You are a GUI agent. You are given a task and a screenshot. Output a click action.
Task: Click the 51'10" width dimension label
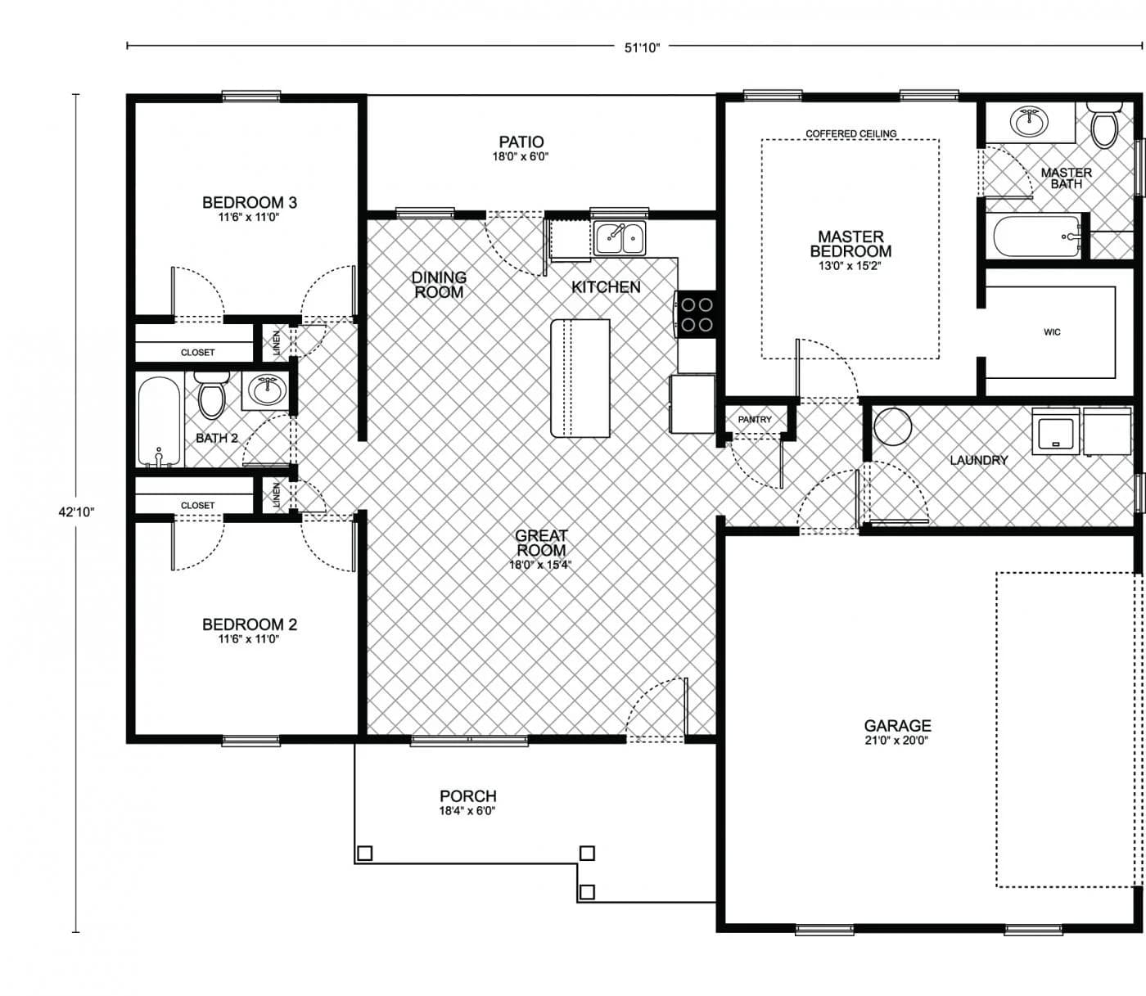click(x=642, y=47)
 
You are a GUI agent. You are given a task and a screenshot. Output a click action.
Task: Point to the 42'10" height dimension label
click(x=77, y=512)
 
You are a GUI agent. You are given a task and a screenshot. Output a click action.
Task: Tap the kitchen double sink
click(x=620, y=238)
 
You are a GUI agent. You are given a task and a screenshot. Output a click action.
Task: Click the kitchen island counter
click(x=580, y=378)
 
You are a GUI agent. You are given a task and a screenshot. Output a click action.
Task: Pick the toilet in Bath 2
click(x=212, y=394)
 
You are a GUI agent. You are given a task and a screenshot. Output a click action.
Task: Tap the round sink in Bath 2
click(x=266, y=390)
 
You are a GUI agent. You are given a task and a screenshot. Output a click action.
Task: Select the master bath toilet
click(x=1104, y=125)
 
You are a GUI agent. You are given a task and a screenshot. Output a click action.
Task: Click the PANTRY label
click(x=754, y=420)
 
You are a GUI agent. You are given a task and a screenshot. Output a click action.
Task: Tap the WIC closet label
click(x=1052, y=332)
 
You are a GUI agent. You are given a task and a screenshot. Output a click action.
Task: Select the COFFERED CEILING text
click(x=850, y=133)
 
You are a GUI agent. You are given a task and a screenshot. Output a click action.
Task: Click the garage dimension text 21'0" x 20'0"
click(x=896, y=741)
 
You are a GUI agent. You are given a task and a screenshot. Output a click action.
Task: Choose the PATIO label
click(x=521, y=142)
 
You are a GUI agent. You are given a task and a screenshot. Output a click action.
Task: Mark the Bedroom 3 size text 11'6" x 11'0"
click(x=249, y=218)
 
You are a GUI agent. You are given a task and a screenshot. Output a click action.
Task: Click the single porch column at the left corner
click(x=365, y=854)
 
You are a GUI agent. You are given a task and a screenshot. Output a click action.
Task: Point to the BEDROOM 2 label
click(x=249, y=624)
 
